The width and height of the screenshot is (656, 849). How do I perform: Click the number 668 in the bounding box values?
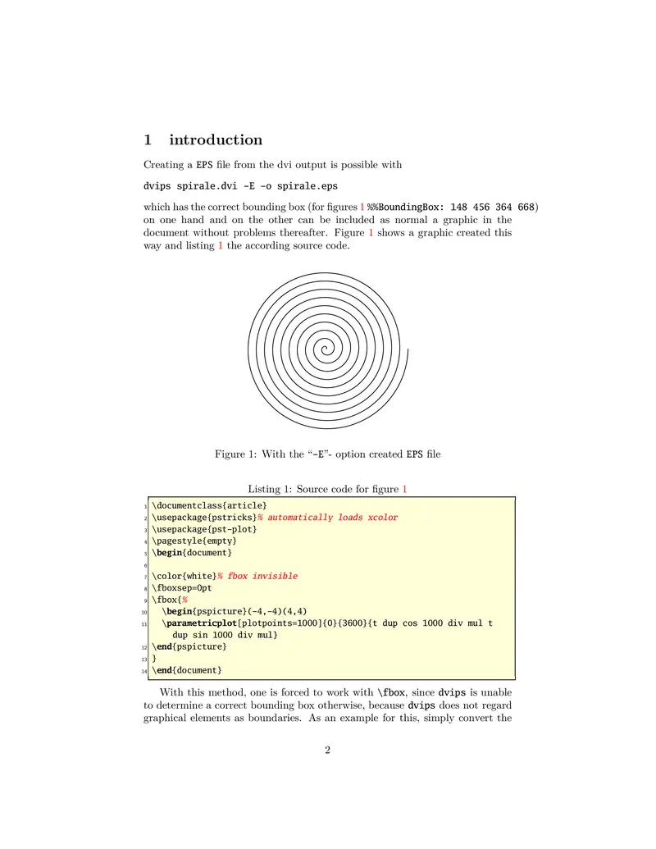(526, 206)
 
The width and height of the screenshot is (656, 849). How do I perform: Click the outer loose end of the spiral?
(408, 354)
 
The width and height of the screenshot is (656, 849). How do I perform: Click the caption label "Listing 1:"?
(270, 490)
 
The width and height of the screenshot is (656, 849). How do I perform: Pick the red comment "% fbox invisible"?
(257, 576)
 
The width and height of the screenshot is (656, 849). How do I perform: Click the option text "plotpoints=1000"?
(279, 623)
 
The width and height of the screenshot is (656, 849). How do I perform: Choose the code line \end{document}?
(186, 671)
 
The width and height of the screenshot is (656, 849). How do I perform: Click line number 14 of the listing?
(144, 671)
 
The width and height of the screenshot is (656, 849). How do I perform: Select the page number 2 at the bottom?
(327, 750)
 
